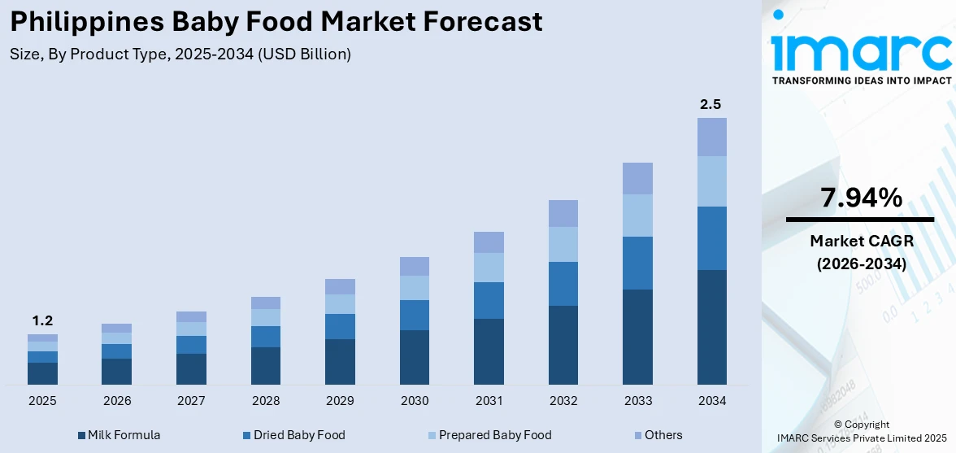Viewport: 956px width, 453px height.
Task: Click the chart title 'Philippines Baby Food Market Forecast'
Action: click(x=276, y=22)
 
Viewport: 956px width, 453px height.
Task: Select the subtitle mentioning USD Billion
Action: click(x=180, y=54)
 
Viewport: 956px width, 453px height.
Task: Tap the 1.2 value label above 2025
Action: click(x=42, y=320)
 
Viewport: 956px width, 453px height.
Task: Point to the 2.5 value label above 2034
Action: click(x=711, y=104)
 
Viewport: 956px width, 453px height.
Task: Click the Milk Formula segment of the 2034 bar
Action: click(x=711, y=327)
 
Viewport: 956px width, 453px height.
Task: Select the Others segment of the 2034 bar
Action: click(x=711, y=137)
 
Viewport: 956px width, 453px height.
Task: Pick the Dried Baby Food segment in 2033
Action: click(x=637, y=263)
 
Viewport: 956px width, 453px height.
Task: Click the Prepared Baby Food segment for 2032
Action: click(x=563, y=244)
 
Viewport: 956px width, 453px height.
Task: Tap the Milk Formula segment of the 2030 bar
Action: click(x=414, y=357)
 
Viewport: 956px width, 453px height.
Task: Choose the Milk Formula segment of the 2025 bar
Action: click(x=42, y=373)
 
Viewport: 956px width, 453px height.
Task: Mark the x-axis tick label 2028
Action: click(x=265, y=401)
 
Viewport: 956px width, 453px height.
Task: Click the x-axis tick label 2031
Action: click(x=489, y=401)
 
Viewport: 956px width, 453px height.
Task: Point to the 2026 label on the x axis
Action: click(x=116, y=401)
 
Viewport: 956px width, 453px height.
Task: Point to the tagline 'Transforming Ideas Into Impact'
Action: click(x=860, y=81)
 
